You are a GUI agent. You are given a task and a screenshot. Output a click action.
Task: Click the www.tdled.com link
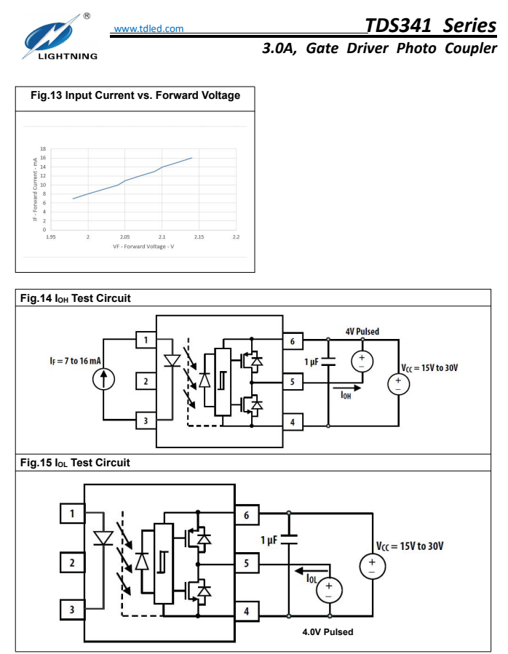coord(148,29)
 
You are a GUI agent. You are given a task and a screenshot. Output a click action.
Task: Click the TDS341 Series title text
coord(430,25)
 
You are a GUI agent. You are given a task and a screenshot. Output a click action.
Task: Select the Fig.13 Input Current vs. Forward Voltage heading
coord(135,95)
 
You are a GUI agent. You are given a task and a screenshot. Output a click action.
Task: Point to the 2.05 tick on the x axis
coord(124,236)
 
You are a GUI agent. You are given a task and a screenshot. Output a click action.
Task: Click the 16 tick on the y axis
coord(43,158)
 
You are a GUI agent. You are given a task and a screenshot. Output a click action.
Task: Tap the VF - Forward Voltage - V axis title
coord(143,247)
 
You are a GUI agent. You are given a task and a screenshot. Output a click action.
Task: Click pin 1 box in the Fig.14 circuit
coord(146,340)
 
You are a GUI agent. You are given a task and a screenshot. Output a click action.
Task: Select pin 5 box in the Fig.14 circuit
coord(293,382)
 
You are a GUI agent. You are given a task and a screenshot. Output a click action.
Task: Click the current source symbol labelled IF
coord(103,379)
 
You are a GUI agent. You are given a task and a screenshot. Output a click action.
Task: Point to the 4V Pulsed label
coord(362,332)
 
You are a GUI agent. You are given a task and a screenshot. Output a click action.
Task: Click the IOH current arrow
coord(346,388)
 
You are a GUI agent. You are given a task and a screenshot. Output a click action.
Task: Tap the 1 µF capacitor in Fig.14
coord(328,362)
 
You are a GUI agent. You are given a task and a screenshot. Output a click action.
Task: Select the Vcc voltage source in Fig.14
coord(398,384)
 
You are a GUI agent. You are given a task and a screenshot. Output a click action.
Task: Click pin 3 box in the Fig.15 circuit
coord(72,610)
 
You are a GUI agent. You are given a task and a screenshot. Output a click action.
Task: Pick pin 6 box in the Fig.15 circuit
coord(247,515)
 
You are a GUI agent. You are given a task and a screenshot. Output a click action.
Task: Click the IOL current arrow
coord(311,570)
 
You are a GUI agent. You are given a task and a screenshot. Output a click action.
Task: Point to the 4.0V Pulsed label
coord(328,632)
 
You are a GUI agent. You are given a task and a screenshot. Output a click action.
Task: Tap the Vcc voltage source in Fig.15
coord(373,566)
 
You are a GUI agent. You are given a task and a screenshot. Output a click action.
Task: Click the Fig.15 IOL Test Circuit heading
coord(75,463)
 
